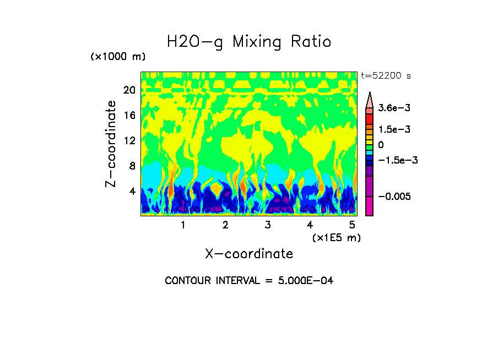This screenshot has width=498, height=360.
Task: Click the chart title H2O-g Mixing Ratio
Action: pyautogui.click(x=249, y=42)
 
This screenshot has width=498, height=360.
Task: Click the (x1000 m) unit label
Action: pyautogui.click(x=118, y=57)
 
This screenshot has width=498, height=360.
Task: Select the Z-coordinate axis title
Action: pyautogui.click(x=111, y=143)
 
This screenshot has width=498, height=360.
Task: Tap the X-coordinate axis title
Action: pyautogui.click(x=249, y=254)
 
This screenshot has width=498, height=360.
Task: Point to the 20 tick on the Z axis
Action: pyautogui.click(x=129, y=90)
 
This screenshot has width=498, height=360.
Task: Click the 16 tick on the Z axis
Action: pyautogui.click(x=129, y=116)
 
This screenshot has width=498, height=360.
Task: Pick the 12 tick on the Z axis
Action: pyautogui.click(x=129, y=140)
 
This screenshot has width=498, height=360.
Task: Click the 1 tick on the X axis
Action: pyautogui.click(x=183, y=225)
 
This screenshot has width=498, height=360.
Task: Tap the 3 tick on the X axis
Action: pyautogui.click(x=267, y=225)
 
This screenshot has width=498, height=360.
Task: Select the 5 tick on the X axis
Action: pyautogui.click(x=352, y=225)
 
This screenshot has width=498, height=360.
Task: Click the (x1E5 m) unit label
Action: pyautogui.click(x=337, y=237)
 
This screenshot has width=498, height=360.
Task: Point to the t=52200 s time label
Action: pyautogui.click(x=386, y=75)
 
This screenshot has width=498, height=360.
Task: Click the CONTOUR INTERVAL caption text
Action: pyautogui.click(x=249, y=281)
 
